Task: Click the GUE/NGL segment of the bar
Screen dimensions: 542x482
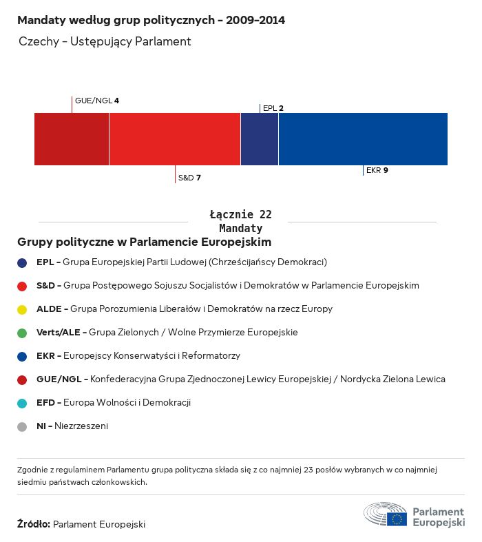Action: tap(72, 139)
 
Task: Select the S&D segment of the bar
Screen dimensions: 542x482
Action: tap(175, 139)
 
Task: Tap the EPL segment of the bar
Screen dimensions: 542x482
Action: tap(260, 139)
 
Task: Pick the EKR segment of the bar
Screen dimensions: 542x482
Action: tap(363, 139)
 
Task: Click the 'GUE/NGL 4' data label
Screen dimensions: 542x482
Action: tap(97, 101)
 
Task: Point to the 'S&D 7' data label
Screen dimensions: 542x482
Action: tap(189, 178)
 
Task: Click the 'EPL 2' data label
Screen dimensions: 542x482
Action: tap(273, 108)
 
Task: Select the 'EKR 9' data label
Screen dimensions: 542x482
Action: tap(377, 170)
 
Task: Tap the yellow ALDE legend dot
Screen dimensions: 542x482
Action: tap(22, 309)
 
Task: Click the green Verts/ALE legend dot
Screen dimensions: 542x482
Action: tap(22, 333)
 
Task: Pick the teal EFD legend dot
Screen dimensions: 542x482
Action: tap(22, 403)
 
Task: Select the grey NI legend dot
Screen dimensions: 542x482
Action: tap(22, 426)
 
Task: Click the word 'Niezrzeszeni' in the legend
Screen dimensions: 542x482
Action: tap(81, 426)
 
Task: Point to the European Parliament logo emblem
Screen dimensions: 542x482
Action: tap(386, 514)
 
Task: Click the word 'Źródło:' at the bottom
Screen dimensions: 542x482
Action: tap(33, 524)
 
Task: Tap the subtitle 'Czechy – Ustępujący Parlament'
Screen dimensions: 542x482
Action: tap(105, 42)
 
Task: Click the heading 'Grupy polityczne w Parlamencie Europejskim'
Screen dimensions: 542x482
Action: tap(145, 242)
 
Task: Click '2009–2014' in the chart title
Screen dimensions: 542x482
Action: tap(255, 21)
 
